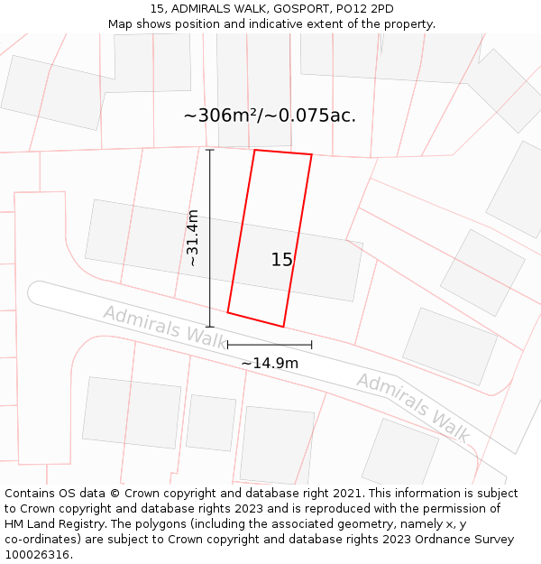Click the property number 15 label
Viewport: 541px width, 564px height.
point(282,260)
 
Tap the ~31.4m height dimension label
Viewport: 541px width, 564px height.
point(192,237)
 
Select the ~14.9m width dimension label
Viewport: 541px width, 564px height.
point(270,363)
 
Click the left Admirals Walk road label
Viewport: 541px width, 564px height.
point(165,326)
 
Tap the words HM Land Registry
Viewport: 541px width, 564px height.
point(55,524)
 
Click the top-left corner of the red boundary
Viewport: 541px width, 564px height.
point(255,150)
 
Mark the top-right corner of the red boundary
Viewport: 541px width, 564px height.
point(312,155)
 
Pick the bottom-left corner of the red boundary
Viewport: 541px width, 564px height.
point(227,313)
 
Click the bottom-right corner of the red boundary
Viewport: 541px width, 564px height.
point(284,327)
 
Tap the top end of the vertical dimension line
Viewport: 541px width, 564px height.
point(210,150)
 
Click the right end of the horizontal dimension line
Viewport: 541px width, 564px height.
point(312,345)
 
